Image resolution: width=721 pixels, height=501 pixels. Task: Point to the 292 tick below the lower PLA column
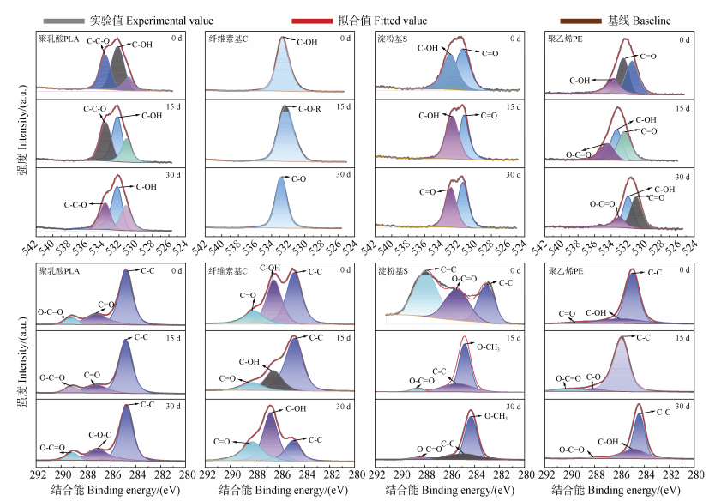pos(38,473)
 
